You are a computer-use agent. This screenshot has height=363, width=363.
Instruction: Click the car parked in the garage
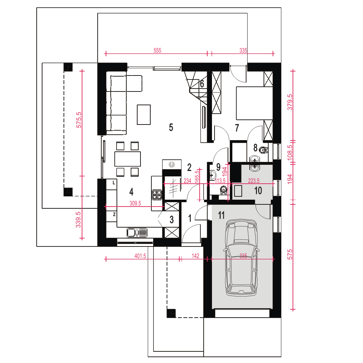(241, 257)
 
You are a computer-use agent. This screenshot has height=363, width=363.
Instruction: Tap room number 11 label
(221, 215)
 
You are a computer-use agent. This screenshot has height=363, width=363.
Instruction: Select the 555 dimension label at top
(158, 50)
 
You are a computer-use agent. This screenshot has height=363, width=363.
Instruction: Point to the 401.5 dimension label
(140, 256)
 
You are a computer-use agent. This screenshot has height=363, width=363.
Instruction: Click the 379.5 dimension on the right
(290, 102)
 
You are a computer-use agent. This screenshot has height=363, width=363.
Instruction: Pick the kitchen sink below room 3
(137, 232)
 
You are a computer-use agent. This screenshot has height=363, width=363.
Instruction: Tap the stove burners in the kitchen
(157, 195)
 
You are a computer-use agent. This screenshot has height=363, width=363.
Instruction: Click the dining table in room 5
(127, 159)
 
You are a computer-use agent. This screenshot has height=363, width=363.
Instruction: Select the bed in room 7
(254, 103)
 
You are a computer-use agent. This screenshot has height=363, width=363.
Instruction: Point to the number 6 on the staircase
(202, 84)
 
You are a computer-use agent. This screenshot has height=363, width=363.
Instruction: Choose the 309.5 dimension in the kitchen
(135, 203)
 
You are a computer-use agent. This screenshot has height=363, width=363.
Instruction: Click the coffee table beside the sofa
(144, 115)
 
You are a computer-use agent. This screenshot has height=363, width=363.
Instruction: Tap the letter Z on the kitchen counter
(114, 215)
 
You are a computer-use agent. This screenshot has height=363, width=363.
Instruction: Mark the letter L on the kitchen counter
(114, 183)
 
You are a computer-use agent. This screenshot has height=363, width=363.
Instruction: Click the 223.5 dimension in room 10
(253, 180)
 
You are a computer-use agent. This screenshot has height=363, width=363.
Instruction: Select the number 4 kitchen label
(131, 192)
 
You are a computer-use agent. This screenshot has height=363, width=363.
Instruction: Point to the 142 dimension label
(195, 256)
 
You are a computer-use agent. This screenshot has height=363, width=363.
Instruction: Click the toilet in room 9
(223, 190)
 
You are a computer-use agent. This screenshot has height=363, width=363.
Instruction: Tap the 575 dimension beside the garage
(290, 254)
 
